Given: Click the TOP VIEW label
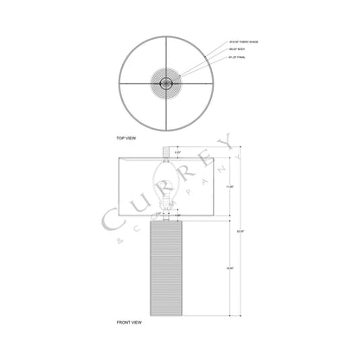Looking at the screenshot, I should point(127,138).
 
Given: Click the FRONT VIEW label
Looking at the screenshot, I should point(130,321).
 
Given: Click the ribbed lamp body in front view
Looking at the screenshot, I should point(170,269).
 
